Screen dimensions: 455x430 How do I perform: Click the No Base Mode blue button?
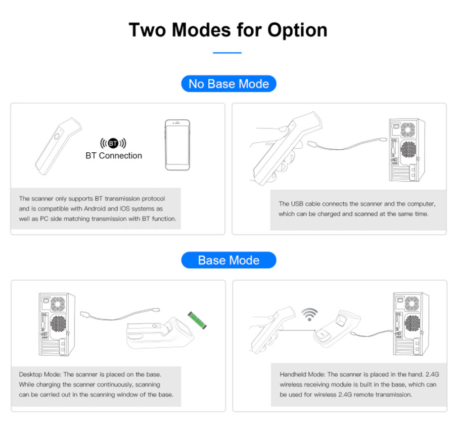point(229,83)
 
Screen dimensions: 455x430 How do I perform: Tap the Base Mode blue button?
point(229,260)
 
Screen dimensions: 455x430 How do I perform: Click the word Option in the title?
point(297,31)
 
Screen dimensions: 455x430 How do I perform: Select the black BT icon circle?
point(113,143)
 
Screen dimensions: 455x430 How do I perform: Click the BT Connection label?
point(114,156)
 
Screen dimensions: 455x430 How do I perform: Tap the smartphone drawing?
point(177,145)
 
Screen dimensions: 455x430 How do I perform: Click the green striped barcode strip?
point(197,320)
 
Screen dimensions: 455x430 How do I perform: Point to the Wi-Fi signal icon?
point(309,314)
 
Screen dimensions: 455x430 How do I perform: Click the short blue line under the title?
point(227,53)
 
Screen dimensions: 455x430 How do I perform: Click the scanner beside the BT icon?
point(58,146)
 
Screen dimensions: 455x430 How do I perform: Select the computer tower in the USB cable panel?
point(407,150)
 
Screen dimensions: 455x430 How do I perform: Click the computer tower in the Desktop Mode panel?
point(57,324)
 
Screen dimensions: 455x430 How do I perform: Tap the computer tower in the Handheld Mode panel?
point(411,324)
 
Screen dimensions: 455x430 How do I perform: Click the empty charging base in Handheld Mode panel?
point(337,329)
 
